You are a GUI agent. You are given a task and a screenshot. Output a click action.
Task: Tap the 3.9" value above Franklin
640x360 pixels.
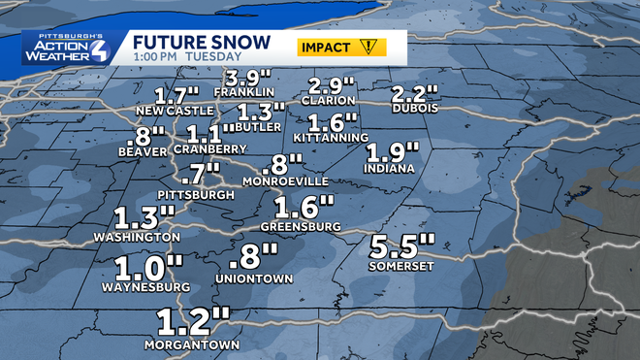pos(246,78)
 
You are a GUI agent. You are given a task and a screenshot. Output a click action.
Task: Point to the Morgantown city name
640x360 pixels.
pos(191,344)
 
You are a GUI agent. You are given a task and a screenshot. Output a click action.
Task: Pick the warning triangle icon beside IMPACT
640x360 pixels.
pos(369,47)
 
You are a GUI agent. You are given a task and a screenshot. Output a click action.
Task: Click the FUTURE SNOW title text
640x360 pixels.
pos(188,43)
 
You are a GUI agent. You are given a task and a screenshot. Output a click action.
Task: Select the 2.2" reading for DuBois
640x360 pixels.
pos(415,95)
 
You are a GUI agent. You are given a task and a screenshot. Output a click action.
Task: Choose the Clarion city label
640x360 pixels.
pos(334,100)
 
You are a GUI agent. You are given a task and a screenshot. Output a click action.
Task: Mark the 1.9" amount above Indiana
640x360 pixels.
pos(393,152)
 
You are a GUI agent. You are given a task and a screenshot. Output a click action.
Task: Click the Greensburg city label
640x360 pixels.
pos(302,226)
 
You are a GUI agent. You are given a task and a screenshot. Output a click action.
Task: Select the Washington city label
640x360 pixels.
pos(137,237)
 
